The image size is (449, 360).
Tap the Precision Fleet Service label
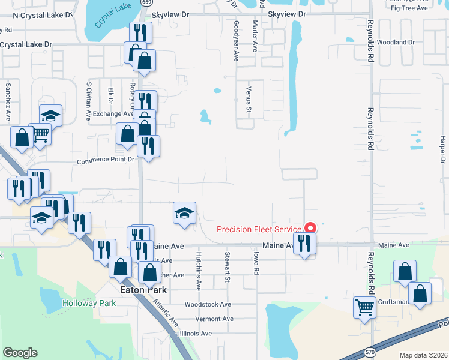pos(259,230)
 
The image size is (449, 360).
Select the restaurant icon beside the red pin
pos(305,243)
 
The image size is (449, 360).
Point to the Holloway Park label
pos(91,303)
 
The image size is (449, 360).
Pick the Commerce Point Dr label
pos(106,161)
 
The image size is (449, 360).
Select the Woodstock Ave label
pos(208,304)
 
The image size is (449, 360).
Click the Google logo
pos(20,353)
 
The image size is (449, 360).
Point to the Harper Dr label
pos(442,149)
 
